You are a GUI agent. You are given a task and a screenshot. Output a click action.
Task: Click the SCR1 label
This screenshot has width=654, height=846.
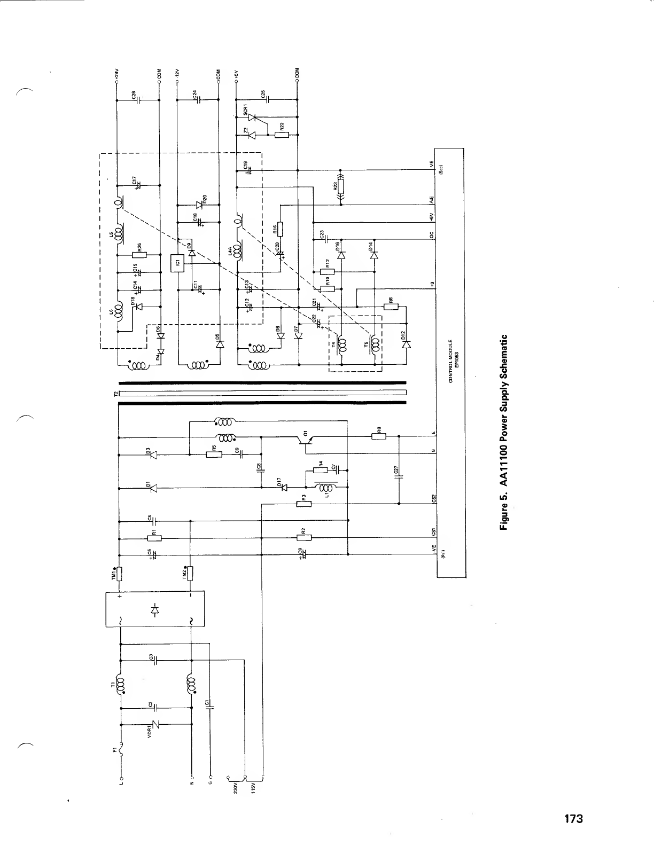coord(245,110)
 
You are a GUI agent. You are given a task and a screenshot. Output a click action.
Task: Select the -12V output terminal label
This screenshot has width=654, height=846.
coord(177,74)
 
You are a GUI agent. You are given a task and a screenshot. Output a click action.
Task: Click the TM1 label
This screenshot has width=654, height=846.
coord(113,574)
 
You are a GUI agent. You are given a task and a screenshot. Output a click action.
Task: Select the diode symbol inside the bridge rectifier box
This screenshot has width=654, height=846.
coord(155,608)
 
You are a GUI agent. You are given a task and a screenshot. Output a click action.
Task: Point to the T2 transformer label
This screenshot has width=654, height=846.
coord(114,394)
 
